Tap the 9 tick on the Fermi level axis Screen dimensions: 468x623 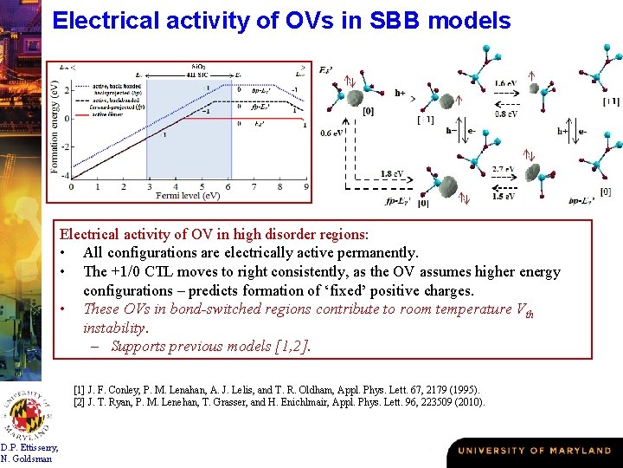(x=306, y=186)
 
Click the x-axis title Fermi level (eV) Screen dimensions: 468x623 (x=189, y=197)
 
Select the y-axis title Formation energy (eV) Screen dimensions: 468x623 (x=55, y=122)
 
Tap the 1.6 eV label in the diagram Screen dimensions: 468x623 (x=506, y=84)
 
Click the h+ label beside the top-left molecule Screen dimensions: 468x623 (x=401, y=92)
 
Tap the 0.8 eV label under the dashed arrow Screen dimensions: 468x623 (x=506, y=114)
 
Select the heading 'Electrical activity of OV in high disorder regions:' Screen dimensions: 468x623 (x=213, y=234)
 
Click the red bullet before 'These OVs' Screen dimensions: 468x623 (x=64, y=309)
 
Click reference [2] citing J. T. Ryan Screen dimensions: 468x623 (x=279, y=402)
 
